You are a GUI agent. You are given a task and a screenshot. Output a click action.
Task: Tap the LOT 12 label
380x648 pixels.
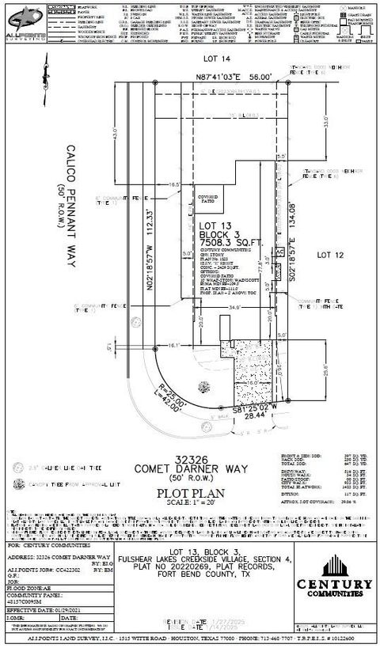[x=329, y=255]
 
